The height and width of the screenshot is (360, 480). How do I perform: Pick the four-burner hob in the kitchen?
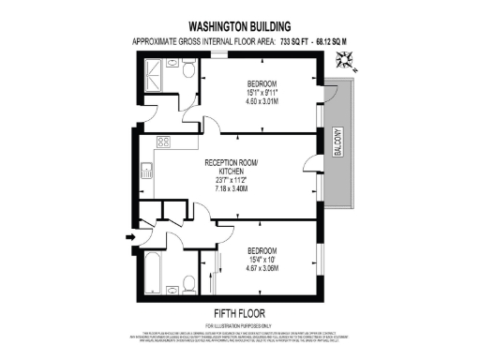click(162, 143)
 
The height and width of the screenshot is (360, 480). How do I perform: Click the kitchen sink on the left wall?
click(147, 171)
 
